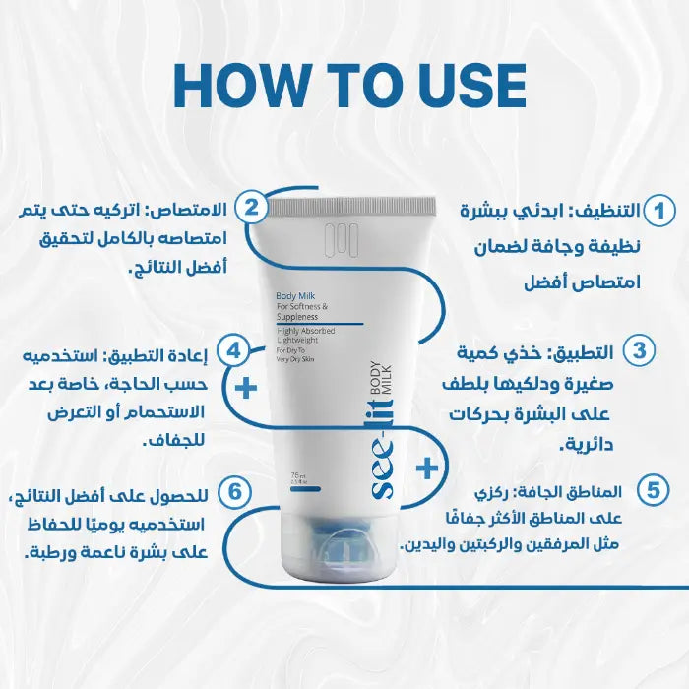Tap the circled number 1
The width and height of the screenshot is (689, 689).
pyautogui.click(x=658, y=211)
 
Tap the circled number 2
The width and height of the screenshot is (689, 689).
pyautogui.click(x=251, y=207)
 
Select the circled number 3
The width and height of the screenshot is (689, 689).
pyautogui.click(x=641, y=350)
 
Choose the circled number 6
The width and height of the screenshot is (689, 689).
pyautogui.click(x=233, y=489)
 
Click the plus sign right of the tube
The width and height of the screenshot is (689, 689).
pyautogui.click(x=426, y=468)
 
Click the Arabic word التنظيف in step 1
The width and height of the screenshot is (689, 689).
pyautogui.click(x=608, y=211)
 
